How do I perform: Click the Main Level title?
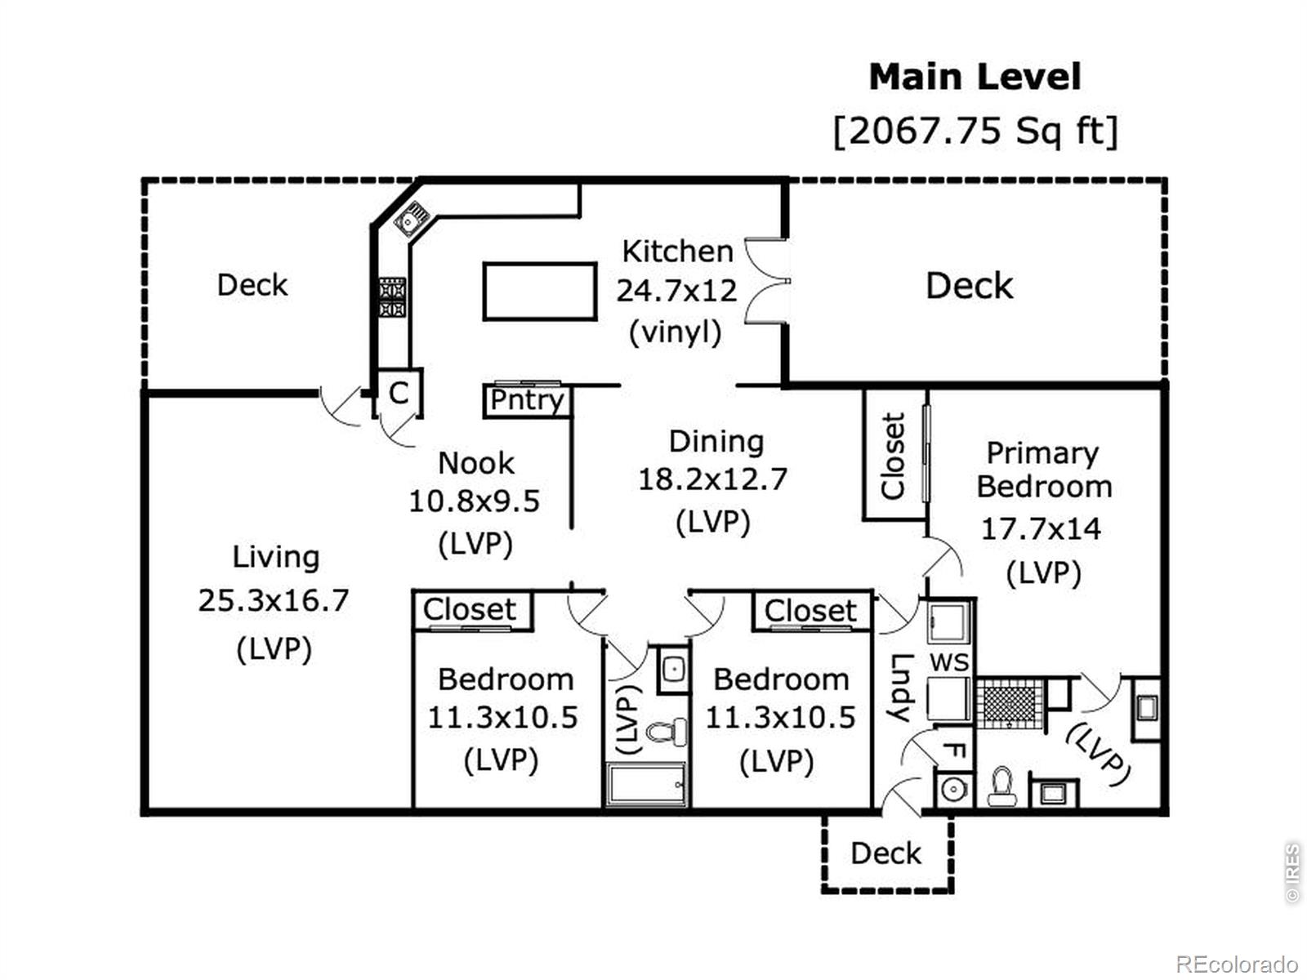click(975, 78)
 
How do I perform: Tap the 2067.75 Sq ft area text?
click(975, 131)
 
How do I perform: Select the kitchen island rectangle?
click(539, 292)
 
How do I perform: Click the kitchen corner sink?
click(412, 218)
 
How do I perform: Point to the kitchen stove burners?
click(392, 297)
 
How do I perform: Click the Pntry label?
click(527, 400)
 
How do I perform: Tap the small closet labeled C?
click(399, 393)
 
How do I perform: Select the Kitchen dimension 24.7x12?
click(676, 291)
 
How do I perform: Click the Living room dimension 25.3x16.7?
click(274, 600)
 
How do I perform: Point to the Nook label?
click(475, 463)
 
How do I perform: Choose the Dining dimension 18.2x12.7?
click(713, 479)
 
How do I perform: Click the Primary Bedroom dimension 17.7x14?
click(1041, 528)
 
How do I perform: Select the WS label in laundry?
click(949, 662)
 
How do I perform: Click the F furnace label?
click(954, 751)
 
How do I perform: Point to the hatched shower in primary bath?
click(1010, 705)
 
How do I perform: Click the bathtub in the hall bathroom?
click(645, 784)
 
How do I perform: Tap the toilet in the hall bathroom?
click(667, 731)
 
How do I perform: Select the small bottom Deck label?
click(885, 854)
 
